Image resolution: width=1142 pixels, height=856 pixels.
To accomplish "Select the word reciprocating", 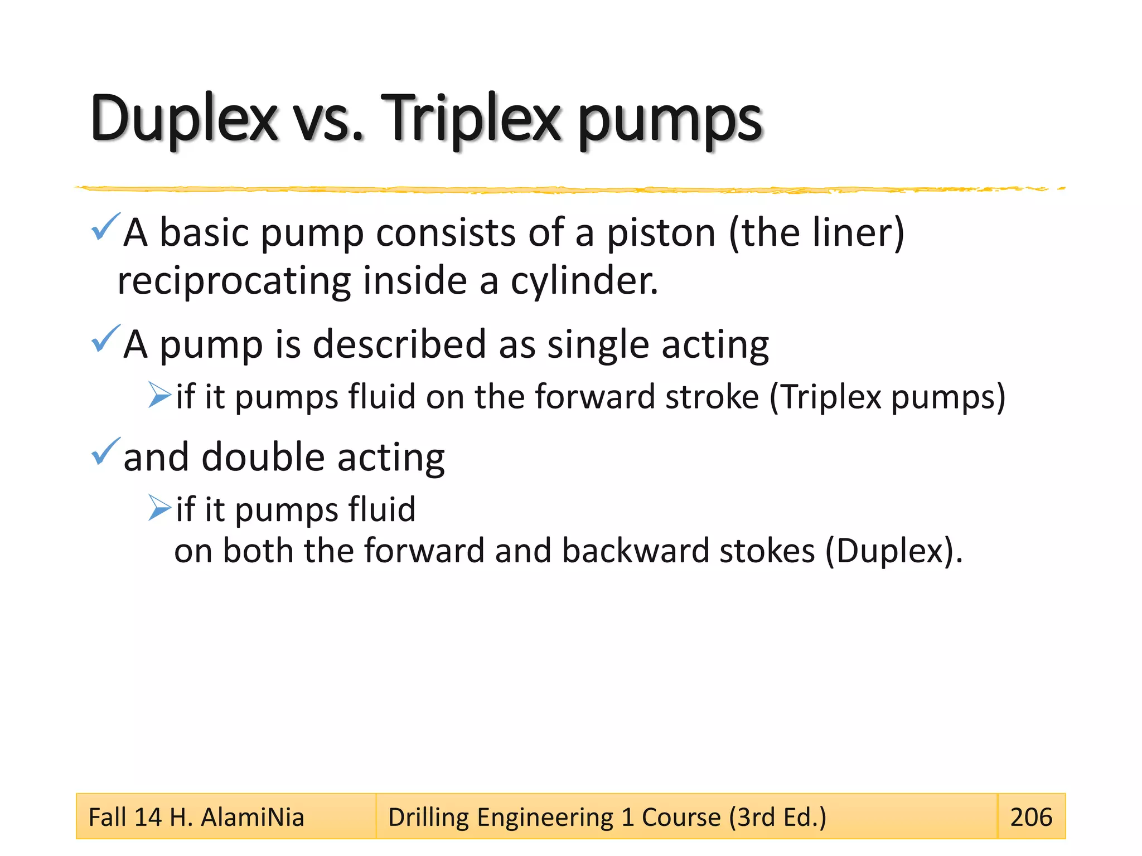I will pyautogui.click(x=234, y=281).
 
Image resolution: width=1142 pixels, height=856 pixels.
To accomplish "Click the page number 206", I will pyautogui.click(x=1031, y=817).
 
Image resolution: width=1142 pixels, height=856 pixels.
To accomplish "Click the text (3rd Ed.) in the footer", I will pyautogui.click(x=777, y=818).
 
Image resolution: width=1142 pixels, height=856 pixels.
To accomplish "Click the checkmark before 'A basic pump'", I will pyautogui.click(x=105, y=227).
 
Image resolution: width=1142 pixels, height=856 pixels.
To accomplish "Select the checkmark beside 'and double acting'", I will pyautogui.click(x=105, y=451).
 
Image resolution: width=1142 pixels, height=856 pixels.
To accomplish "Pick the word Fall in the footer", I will pyautogui.click(x=108, y=818).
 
